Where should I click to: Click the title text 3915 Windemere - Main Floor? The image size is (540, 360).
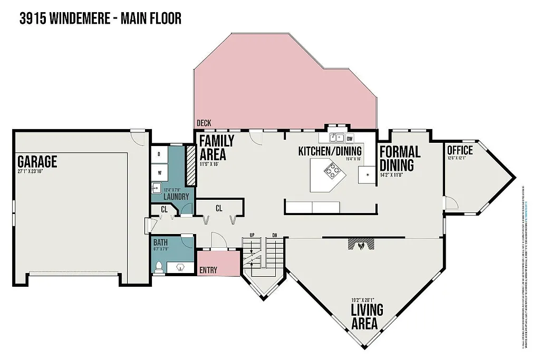(x=100, y=19)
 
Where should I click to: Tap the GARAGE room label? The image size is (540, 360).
(x=37, y=161)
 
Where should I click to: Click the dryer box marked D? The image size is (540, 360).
(x=159, y=154)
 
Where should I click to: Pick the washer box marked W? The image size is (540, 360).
(x=159, y=172)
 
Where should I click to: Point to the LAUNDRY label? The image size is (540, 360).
(x=176, y=197)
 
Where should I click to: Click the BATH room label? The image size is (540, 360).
(x=160, y=243)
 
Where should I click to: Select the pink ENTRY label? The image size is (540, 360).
(x=208, y=270)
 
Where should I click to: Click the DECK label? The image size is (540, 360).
(x=204, y=123)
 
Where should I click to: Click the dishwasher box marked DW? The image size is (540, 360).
(x=350, y=139)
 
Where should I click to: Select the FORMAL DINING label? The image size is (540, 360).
(x=400, y=158)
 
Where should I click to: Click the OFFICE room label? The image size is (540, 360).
(x=460, y=150)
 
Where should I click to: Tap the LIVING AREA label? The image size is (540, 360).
(x=367, y=316)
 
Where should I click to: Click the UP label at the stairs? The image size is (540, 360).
(x=252, y=236)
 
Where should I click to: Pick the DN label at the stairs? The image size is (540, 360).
(x=274, y=236)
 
